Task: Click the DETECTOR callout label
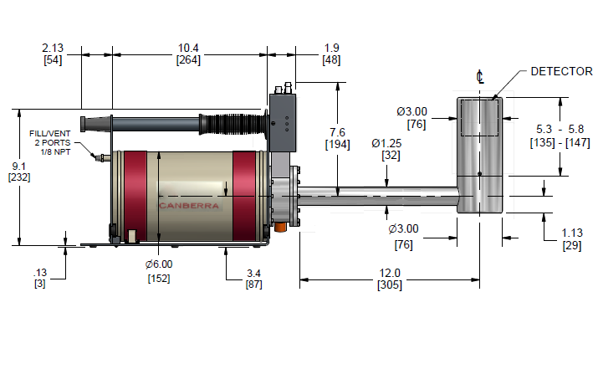pyautogui.click(x=561, y=71)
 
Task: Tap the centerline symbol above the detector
pyautogui.click(x=480, y=77)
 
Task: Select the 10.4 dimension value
pyautogui.click(x=188, y=48)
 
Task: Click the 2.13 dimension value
pyautogui.click(x=53, y=48)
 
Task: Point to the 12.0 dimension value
pyautogui.click(x=390, y=274)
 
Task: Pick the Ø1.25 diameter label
pyautogui.click(x=386, y=143)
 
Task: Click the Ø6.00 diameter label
pyautogui.click(x=159, y=264)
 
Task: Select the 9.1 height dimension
pyautogui.click(x=18, y=166)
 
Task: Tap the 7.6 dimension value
pyautogui.click(x=338, y=132)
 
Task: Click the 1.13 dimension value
pyautogui.click(x=572, y=233)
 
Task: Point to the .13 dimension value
pyautogui.click(x=40, y=273)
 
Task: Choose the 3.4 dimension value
pyautogui.click(x=253, y=274)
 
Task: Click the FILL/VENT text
pyautogui.click(x=50, y=134)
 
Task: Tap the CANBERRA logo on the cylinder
pyautogui.click(x=189, y=206)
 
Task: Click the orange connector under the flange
pyautogui.click(x=281, y=227)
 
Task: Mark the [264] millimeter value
pyautogui.click(x=188, y=60)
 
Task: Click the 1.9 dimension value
pyautogui.click(x=331, y=48)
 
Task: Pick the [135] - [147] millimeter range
pyautogui.click(x=560, y=143)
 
